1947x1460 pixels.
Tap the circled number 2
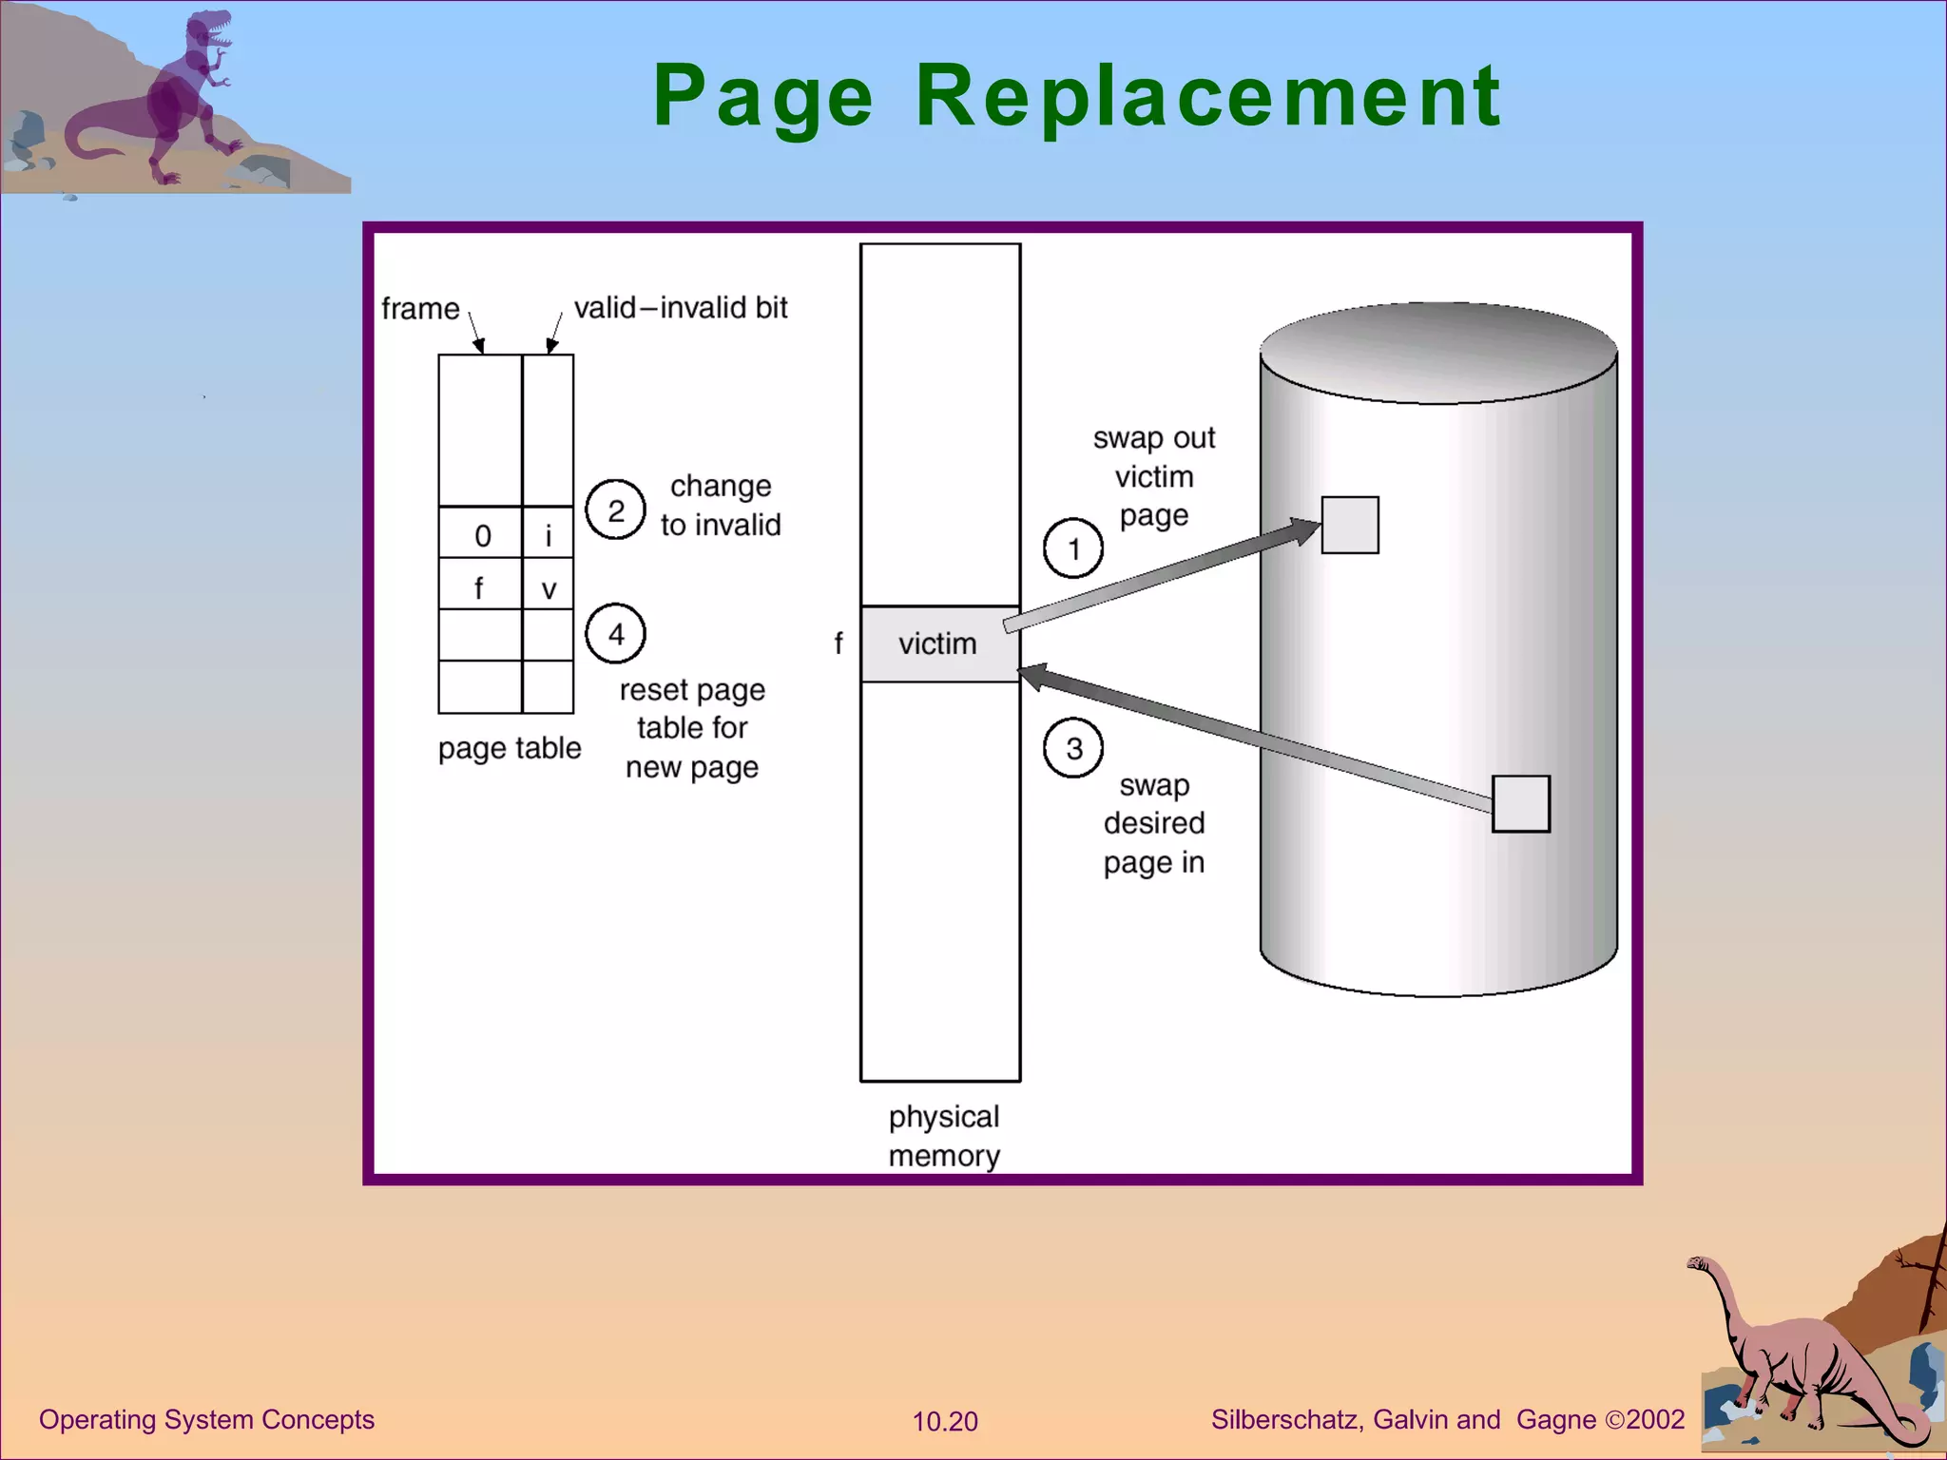615,510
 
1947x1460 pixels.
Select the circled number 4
615,634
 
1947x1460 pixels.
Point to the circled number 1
1073,548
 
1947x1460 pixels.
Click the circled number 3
1073,748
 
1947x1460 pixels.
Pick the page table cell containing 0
481,535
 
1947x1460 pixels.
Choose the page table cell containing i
549,535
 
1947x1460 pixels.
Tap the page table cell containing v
549,586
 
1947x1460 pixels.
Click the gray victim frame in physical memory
939,644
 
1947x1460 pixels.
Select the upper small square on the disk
1350,525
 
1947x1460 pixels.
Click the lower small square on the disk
1521,804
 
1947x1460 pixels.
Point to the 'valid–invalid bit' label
681,308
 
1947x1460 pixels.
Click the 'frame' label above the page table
420,309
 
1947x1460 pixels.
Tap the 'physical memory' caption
943,1136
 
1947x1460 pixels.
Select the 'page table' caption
510,748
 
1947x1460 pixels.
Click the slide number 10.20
945,1421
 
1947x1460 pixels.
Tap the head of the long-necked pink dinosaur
1698,1263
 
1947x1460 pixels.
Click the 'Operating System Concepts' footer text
206,1419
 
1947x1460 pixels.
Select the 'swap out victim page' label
1153,476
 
